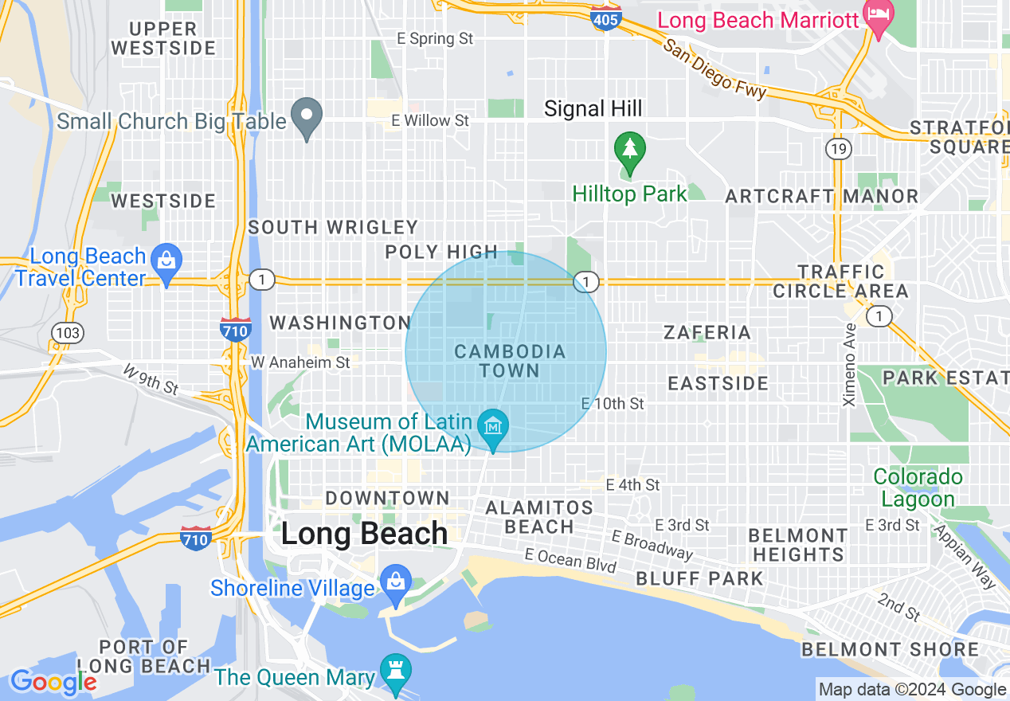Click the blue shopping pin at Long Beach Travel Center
coord(166,264)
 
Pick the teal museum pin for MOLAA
coord(494,429)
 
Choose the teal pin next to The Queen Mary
coord(395,673)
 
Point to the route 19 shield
coord(839,148)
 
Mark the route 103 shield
coord(68,332)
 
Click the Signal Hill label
coord(593,109)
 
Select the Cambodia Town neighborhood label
coord(510,361)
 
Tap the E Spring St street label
coord(436,38)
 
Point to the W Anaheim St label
coord(300,362)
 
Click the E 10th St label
coord(613,404)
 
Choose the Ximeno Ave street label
coord(850,364)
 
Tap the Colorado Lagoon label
coord(918,488)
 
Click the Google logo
coord(53,682)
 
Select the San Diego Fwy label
coord(714,69)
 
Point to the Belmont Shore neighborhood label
coord(890,649)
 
